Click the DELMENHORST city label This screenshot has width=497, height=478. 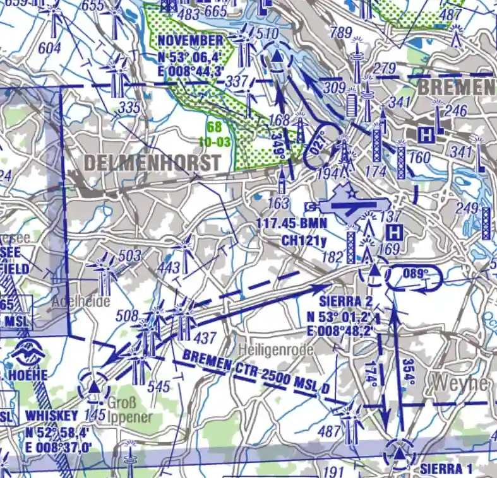[x=152, y=163]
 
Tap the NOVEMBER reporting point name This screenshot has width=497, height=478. [x=190, y=41]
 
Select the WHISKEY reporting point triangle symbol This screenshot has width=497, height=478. [x=93, y=386]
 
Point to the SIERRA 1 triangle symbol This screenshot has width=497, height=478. [x=400, y=454]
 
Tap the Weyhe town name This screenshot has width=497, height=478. [x=460, y=383]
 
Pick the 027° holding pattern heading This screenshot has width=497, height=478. [x=320, y=146]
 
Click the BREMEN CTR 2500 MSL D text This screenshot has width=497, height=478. [x=256, y=374]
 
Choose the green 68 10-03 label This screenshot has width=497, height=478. [x=214, y=134]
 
